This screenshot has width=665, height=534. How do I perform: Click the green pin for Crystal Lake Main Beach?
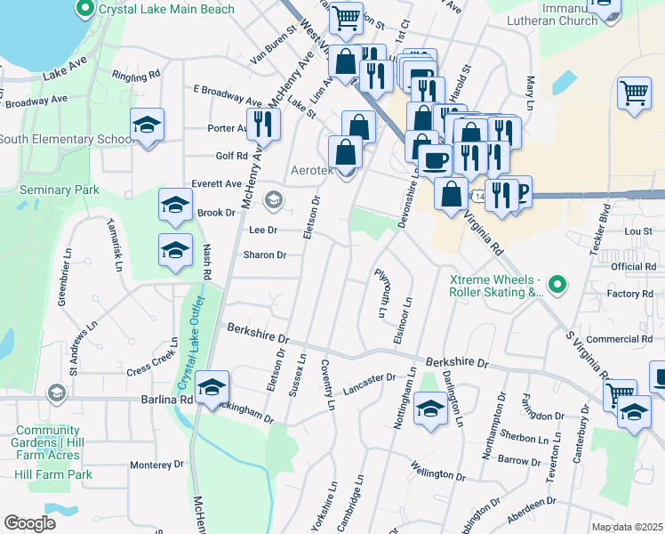click(x=86, y=10)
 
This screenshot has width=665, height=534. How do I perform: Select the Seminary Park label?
click(x=60, y=190)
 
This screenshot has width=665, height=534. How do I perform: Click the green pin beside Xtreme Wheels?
click(x=557, y=285)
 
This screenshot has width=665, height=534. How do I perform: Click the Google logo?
click(x=29, y=523)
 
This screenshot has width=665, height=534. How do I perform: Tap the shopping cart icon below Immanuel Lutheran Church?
click(x=634, y=93)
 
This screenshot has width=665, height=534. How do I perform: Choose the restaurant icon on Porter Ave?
click(x=261, y=123)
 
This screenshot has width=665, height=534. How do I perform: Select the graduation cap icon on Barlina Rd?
click(x=212, y=387)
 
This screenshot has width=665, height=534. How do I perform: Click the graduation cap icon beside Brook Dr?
click(x=175, y=206)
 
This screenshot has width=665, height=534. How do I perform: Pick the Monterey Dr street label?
click(x=156, y=465)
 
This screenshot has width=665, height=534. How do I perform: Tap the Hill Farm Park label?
click(x=54, y=474)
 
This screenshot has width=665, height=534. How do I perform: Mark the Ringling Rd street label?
click(x=136, y=74)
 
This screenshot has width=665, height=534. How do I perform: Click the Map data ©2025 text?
click(x=626, y=527)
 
